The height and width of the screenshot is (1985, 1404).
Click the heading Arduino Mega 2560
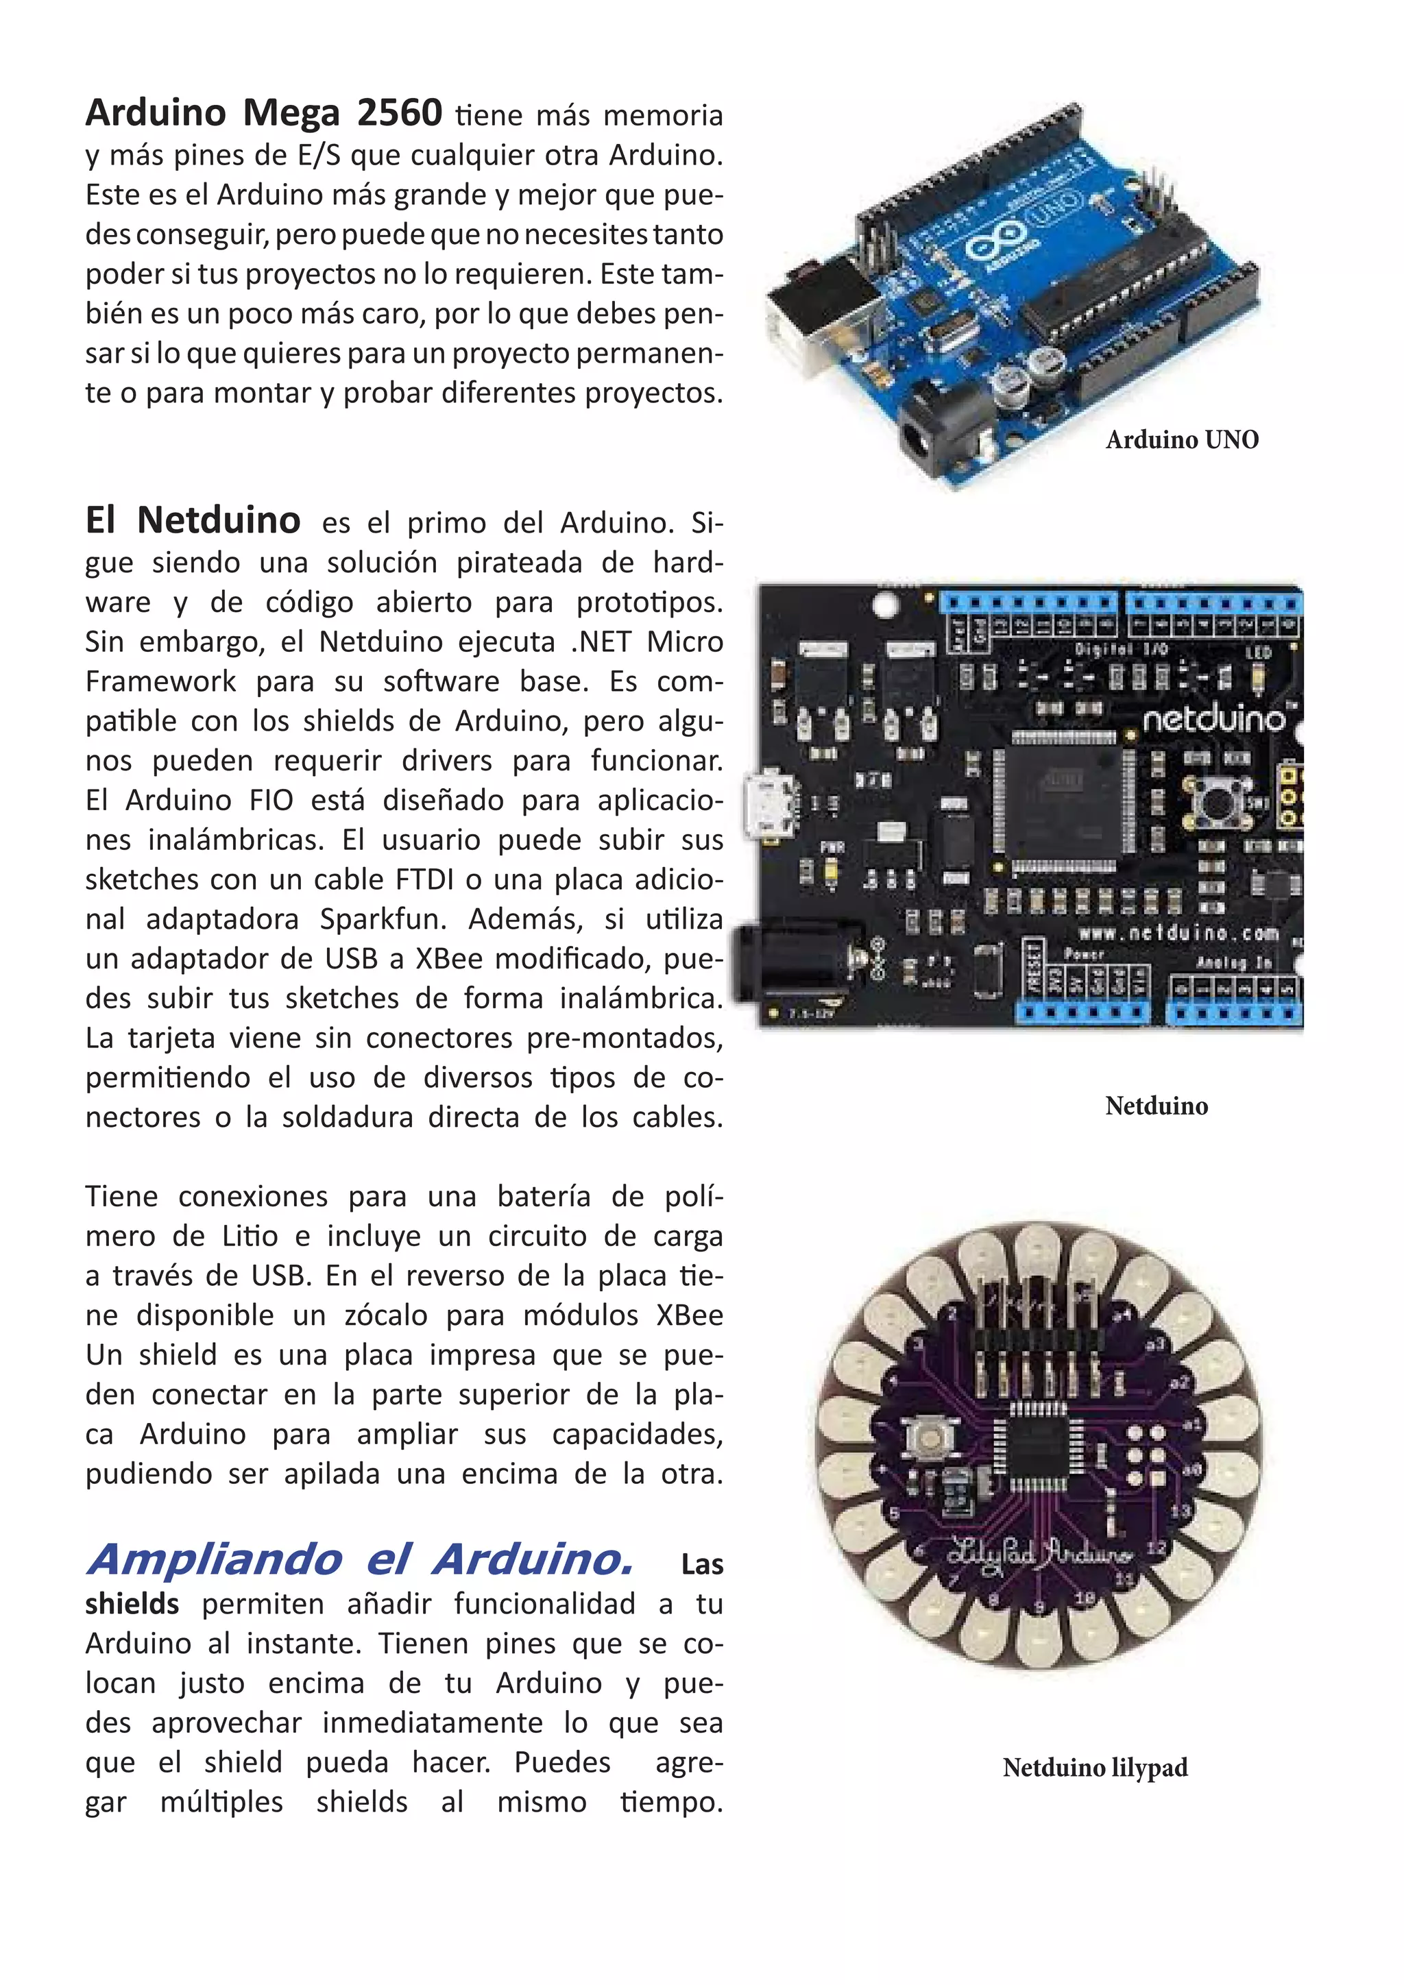click(264, 113)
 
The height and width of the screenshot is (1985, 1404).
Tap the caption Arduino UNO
click(1181, 440)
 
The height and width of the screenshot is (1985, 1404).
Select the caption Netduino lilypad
click(1095, 1767)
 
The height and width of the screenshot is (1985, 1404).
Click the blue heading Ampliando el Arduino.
click(360, 1559)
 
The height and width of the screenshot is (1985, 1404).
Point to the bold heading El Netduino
click(193, 520)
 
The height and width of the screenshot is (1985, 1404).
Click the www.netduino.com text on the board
click(1178, 933)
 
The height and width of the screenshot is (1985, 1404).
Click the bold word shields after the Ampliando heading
click(132, 1604)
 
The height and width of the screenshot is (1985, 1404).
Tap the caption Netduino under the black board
click(1156, 1106)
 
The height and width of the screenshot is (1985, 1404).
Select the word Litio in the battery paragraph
click(250, 1237)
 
